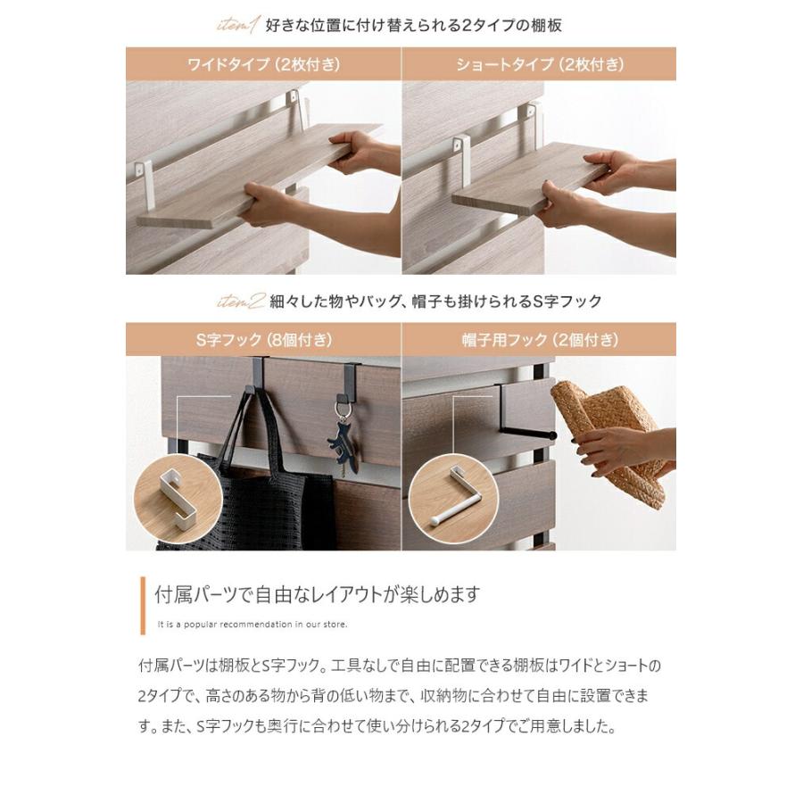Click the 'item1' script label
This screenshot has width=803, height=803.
click(238, 26)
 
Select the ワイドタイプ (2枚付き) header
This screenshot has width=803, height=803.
click(263, 65)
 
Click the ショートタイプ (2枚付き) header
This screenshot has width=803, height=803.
click(539, 65)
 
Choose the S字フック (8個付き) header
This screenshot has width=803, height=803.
click(263, 340)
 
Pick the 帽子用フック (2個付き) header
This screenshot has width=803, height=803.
click(539, 340)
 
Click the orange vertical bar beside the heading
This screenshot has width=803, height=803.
click(143, 604)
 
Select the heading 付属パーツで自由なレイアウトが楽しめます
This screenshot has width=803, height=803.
click(318, 594)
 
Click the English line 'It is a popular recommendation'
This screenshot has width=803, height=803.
click(252, 624)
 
